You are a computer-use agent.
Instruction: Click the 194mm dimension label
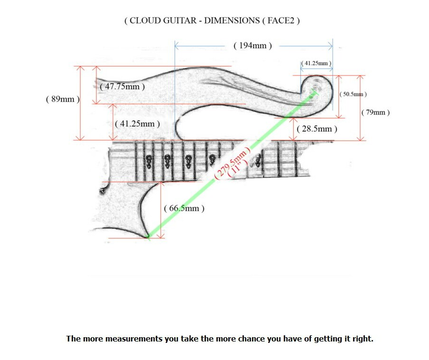click(x=253, y=46)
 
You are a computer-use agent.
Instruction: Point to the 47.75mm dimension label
click(x=122, y=86)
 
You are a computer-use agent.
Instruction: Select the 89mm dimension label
click(x=63, y=99)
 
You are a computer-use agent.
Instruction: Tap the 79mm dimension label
click(x=375, y=113)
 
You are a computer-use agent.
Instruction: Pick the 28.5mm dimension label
click(x=317, y=129)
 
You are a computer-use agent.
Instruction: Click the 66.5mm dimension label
click(x=184, y=208)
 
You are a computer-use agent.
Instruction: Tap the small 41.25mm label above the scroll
click(x=317, y=63)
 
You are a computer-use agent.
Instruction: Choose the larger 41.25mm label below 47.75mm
click(x=137, y=123)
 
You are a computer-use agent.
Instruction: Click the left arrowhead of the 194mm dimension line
click(x=176, y=46)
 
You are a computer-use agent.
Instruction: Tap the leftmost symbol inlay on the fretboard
click(x=149, y=161)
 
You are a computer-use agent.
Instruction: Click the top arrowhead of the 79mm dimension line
click(x=360, y=76)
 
